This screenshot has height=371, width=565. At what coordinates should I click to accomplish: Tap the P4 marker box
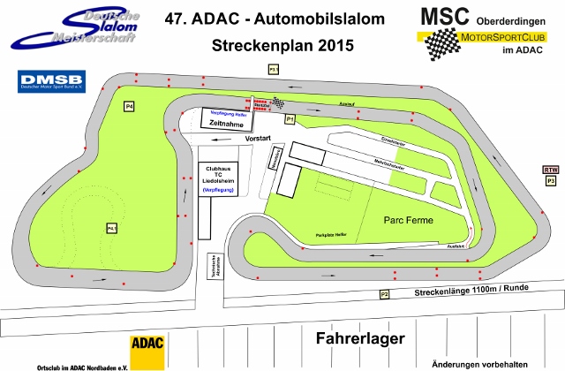point(129,107)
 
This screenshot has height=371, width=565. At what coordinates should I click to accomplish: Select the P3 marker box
point(551,180)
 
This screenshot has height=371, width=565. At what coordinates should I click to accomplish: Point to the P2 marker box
point(384,294)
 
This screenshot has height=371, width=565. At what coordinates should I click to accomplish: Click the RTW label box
point(551,170)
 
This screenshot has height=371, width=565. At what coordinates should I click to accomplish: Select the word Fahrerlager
point(359,338)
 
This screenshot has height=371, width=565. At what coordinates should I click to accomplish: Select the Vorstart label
point(258,140)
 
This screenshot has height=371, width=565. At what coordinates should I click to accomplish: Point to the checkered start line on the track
point(277,102)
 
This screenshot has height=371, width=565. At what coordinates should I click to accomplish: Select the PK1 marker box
point(112,229)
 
